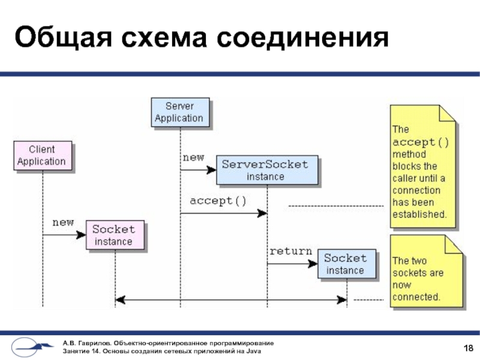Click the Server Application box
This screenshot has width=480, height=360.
179,112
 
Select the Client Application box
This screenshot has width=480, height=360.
41,155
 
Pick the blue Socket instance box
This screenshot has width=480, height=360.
345,264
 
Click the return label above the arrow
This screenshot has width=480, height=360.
290,251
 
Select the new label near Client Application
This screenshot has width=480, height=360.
63,223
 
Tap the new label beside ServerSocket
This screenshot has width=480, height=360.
193,157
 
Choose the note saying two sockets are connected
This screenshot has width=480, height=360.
424,273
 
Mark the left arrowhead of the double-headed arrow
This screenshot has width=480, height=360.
119,299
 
